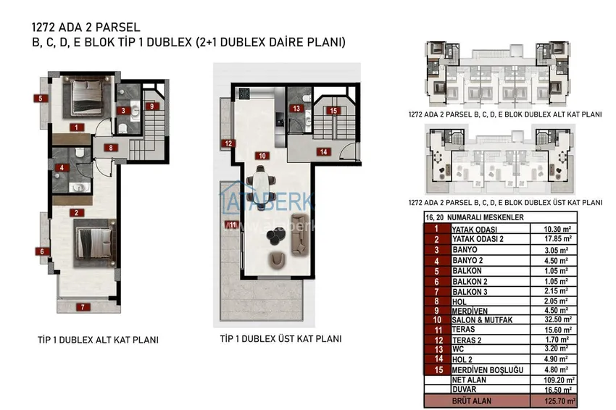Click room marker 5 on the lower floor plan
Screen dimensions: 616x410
click(x=41, y=99)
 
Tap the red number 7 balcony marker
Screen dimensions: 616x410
click(x=83, y=307)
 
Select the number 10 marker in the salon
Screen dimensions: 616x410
click(x=262, y=156)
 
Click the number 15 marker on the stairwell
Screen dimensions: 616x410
click(x=333, y=111)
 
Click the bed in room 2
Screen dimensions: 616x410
click(x=96, y=243)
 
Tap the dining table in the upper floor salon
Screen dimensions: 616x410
click(x=261, y=188)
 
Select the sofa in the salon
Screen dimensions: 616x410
click(x=300, y=234)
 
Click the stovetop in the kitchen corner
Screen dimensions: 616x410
click(x=244, y=93)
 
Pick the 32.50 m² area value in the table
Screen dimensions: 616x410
click(x=557, y=319)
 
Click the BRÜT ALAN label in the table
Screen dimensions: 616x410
click(x=472, y=401)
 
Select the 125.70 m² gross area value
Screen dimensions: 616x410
click(x=559, y=401)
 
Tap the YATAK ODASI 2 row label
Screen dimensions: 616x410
click(x=478, y=239)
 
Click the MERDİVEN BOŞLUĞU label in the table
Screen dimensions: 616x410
click(x=488, y=370)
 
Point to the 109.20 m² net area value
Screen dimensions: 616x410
click(x=559, y=380)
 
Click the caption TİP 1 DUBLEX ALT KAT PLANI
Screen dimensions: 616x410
click(x=99, y=340)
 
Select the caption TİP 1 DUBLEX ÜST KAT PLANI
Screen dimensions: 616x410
click(x=281, y=338)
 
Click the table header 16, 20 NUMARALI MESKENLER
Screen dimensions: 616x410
click(x=475, y=217)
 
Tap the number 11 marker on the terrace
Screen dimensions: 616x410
click(x=232, y=225)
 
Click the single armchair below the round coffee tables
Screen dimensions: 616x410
click(x=278, y=259)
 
